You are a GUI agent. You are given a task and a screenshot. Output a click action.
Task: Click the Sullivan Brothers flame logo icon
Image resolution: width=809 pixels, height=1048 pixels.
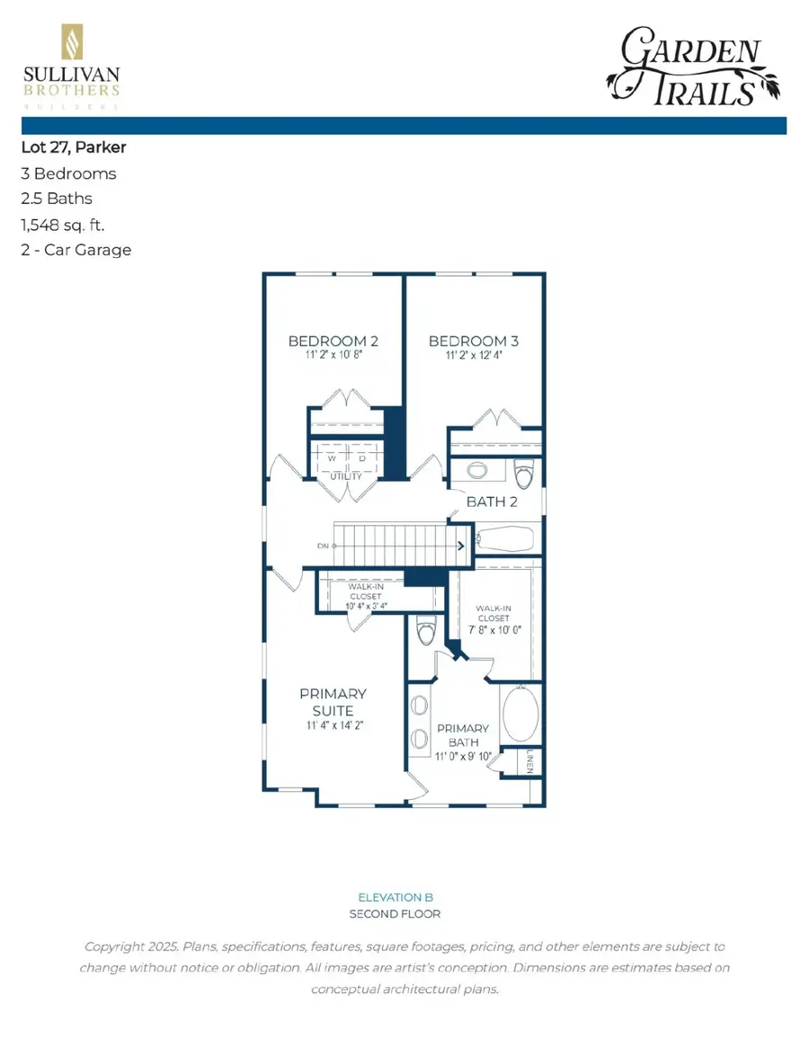[71, 42]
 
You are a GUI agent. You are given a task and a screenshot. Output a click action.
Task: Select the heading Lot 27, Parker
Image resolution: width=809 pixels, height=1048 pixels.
[73, 147]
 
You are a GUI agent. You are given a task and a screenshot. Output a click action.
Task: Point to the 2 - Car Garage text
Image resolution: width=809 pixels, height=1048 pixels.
[76, 249]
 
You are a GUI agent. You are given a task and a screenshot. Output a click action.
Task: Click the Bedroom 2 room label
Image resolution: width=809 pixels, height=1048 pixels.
[333, 342]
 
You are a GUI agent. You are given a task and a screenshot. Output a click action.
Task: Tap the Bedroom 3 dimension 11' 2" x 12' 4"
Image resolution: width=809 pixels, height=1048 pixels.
[474, 355]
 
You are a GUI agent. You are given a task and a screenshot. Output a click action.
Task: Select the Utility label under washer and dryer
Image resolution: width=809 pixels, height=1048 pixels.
[345, 476]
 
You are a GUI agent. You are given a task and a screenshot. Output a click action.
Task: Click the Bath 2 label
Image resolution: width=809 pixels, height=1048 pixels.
[492, 502]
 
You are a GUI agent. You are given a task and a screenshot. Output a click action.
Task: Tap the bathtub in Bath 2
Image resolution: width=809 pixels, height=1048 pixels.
[504, 539]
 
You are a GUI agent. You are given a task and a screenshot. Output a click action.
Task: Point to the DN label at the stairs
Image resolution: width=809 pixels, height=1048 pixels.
[323, 546]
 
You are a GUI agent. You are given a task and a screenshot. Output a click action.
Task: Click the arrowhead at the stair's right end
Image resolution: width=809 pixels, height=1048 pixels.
[460, 546]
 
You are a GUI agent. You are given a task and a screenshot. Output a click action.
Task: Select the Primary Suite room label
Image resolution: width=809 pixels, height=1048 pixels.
[333, 702]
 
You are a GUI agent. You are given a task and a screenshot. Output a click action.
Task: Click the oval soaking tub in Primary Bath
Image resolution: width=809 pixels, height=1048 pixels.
[520, 714]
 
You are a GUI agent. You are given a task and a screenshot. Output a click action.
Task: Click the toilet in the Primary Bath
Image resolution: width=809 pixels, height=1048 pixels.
[426, 631]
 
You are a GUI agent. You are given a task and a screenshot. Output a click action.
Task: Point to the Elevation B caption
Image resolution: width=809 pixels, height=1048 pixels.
[389, 897]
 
